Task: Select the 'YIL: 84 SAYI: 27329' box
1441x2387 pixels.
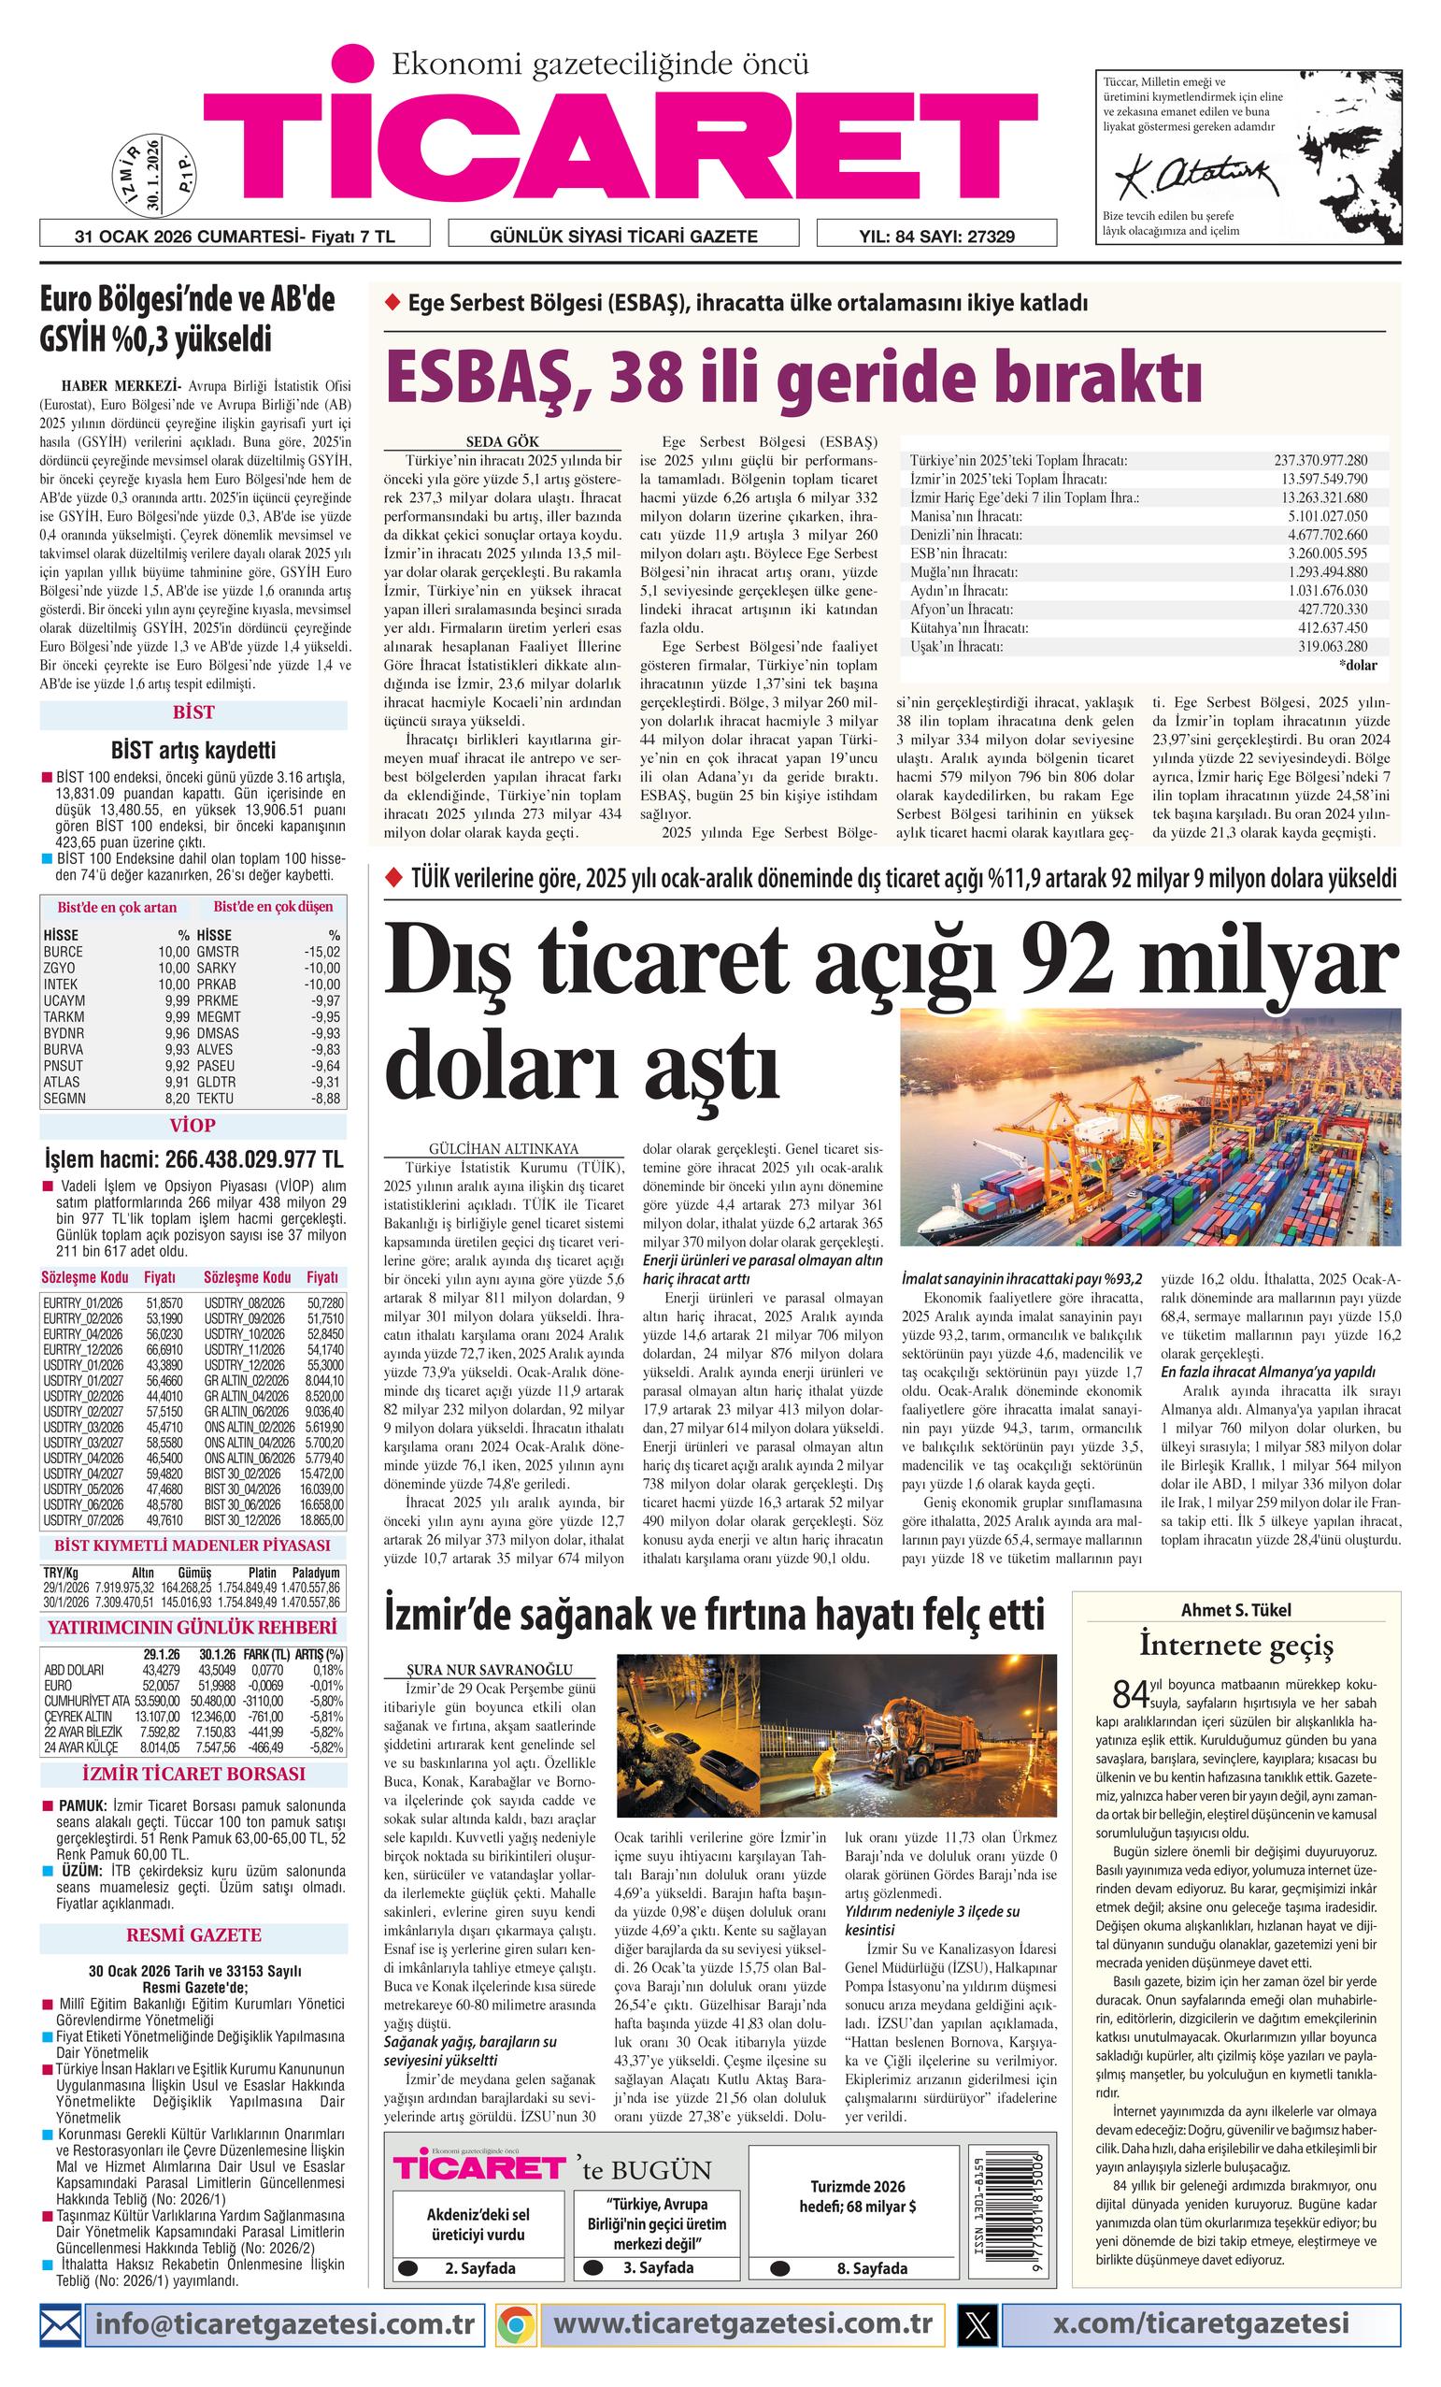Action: (x=935, y=236)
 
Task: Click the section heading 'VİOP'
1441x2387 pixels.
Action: (x=193, y=1126)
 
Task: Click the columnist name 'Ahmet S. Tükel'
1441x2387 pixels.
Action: (x=1234, y=1610)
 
